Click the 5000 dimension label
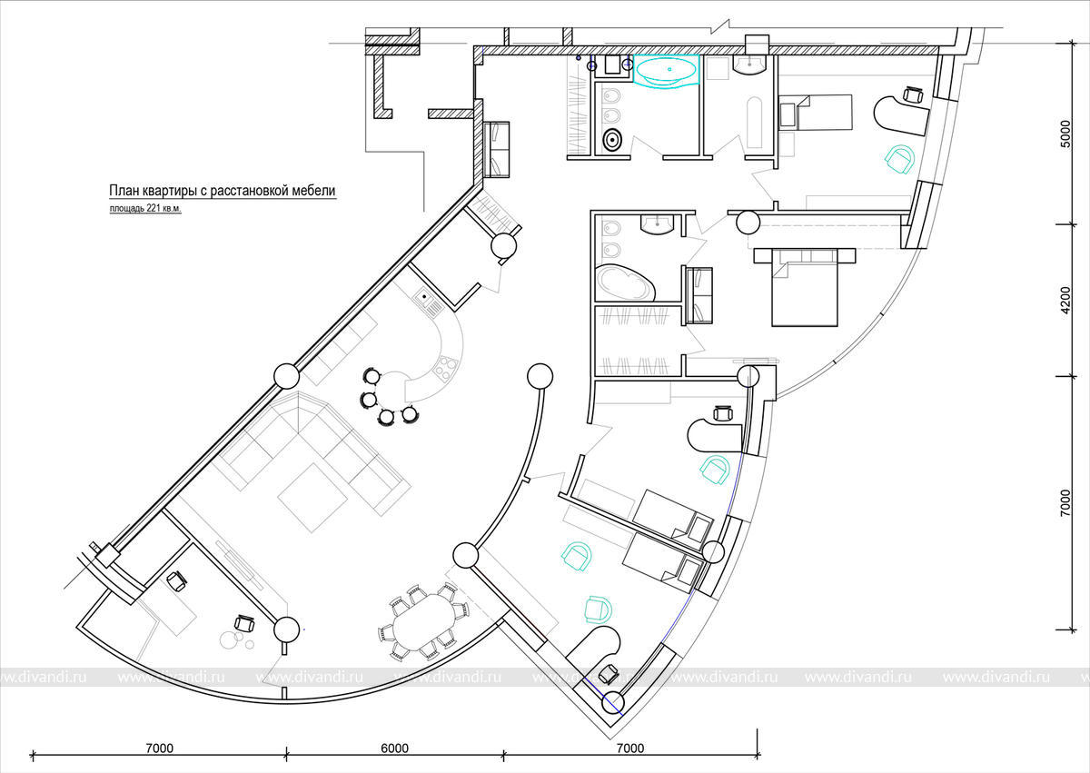click(x=1065, y=134)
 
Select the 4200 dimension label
click(x=1065, y=300)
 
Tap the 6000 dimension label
click(x=394, y=748)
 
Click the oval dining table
click(x=424, y=622)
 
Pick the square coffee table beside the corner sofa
click(x=312, y=497)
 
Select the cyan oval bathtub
click(x=667, y=72)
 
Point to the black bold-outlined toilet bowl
click(x=612, y=140)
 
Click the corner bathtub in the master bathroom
click(x=625, y=283)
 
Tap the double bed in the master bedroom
click(x=805, y=287)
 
